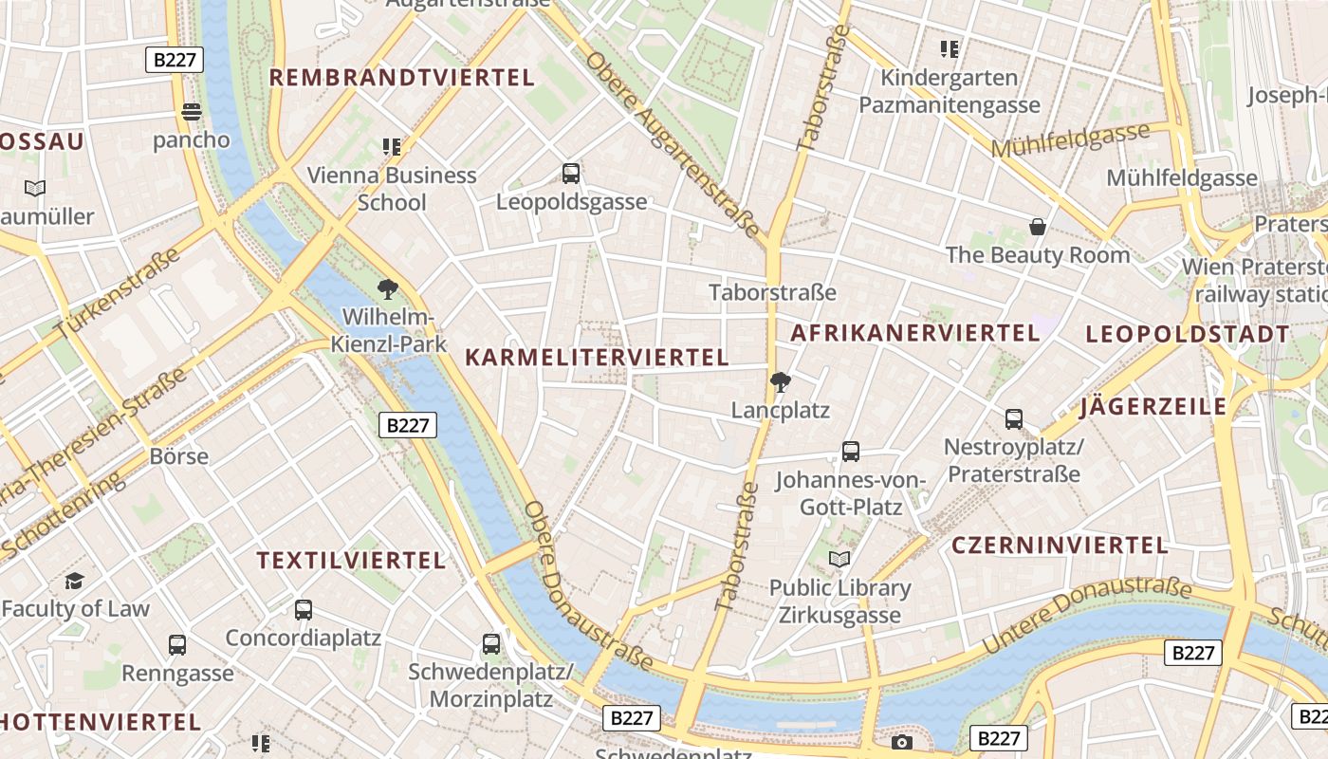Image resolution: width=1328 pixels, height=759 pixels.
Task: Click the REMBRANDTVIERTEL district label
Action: click(403, 78)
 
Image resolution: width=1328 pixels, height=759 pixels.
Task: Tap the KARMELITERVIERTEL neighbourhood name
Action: click(597, 358)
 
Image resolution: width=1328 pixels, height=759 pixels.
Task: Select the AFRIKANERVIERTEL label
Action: click(914, 333)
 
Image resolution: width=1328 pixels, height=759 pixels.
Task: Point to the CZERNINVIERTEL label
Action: click(1060, 546)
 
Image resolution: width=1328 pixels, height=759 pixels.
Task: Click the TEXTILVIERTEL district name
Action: click(351, 561)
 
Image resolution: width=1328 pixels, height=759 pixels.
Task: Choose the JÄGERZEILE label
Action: click(1153, 408)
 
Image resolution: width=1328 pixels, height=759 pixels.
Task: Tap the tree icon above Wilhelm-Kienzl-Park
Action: click(387, 288)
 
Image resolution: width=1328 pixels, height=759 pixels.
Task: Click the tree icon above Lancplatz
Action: click(781, 382)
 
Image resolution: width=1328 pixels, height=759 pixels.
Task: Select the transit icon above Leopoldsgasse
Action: click(571, 174)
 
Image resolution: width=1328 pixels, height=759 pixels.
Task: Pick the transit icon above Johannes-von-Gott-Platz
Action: click(851, 452)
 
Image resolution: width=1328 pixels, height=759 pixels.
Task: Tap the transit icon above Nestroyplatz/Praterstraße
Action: click(1014, 418)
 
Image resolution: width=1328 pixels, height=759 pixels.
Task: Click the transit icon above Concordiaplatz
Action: click(304, 610)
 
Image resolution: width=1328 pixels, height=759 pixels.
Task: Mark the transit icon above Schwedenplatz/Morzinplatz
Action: click(491, 644)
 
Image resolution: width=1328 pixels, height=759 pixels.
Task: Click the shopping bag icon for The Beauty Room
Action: click(1038, 227)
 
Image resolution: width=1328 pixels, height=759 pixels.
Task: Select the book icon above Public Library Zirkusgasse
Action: click(839, 560)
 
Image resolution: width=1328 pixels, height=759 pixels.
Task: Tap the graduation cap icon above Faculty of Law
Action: click(75, 581)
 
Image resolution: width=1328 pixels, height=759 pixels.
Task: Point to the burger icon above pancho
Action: click(192, 112)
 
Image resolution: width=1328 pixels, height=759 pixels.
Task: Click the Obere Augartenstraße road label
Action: click(673, 144)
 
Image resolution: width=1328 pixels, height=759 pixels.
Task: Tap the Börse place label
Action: click(179, 456)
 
